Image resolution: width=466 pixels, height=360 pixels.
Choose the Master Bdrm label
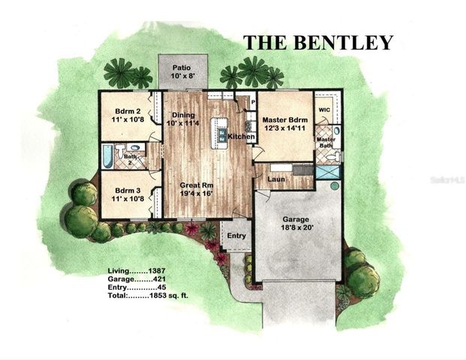point(285,120)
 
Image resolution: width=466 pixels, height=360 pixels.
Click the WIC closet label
point(324,109)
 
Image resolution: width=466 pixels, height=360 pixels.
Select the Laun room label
point(275,179)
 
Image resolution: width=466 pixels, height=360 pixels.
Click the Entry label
point(236,236)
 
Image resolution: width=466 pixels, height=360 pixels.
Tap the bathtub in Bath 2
point(107,155)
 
